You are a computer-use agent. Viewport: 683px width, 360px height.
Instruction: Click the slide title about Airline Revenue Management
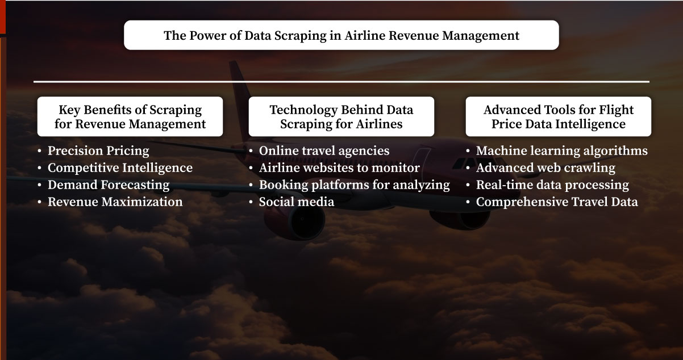tap(342, 35)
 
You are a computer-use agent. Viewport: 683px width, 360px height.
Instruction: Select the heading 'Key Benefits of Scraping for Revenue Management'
tap(130, 116)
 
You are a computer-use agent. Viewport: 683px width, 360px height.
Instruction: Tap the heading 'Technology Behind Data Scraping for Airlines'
tap(341, 116)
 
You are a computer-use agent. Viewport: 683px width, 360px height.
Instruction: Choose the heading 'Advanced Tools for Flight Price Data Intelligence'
tap(559, 116)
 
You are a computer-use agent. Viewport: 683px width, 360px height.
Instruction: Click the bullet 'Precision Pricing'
tap(98, 151)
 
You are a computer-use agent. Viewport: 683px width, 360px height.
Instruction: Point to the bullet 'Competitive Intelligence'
tap(120, 168)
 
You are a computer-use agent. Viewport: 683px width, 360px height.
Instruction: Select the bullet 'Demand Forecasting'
tap(109, 185)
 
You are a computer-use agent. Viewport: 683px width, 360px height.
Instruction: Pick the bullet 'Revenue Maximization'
tap(115, 202)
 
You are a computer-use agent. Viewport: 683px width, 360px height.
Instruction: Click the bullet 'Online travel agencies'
tap(324, 151)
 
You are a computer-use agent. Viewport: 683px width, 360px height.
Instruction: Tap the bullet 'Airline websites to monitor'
tap(339, 168)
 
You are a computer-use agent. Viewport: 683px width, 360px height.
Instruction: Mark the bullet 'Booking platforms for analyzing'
tap(354, 185)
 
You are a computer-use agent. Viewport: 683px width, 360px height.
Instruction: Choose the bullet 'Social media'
tap(297, 202)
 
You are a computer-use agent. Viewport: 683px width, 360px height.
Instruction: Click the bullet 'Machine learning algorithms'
tap(561, 151)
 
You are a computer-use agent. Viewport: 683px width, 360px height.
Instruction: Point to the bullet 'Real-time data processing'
tap(552, 185)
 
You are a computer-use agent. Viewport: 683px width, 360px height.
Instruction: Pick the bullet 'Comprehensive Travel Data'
tap(557, 202)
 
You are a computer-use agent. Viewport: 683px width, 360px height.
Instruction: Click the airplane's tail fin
tap(239, 85)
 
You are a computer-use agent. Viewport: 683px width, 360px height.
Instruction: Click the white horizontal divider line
tap(342, 82)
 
